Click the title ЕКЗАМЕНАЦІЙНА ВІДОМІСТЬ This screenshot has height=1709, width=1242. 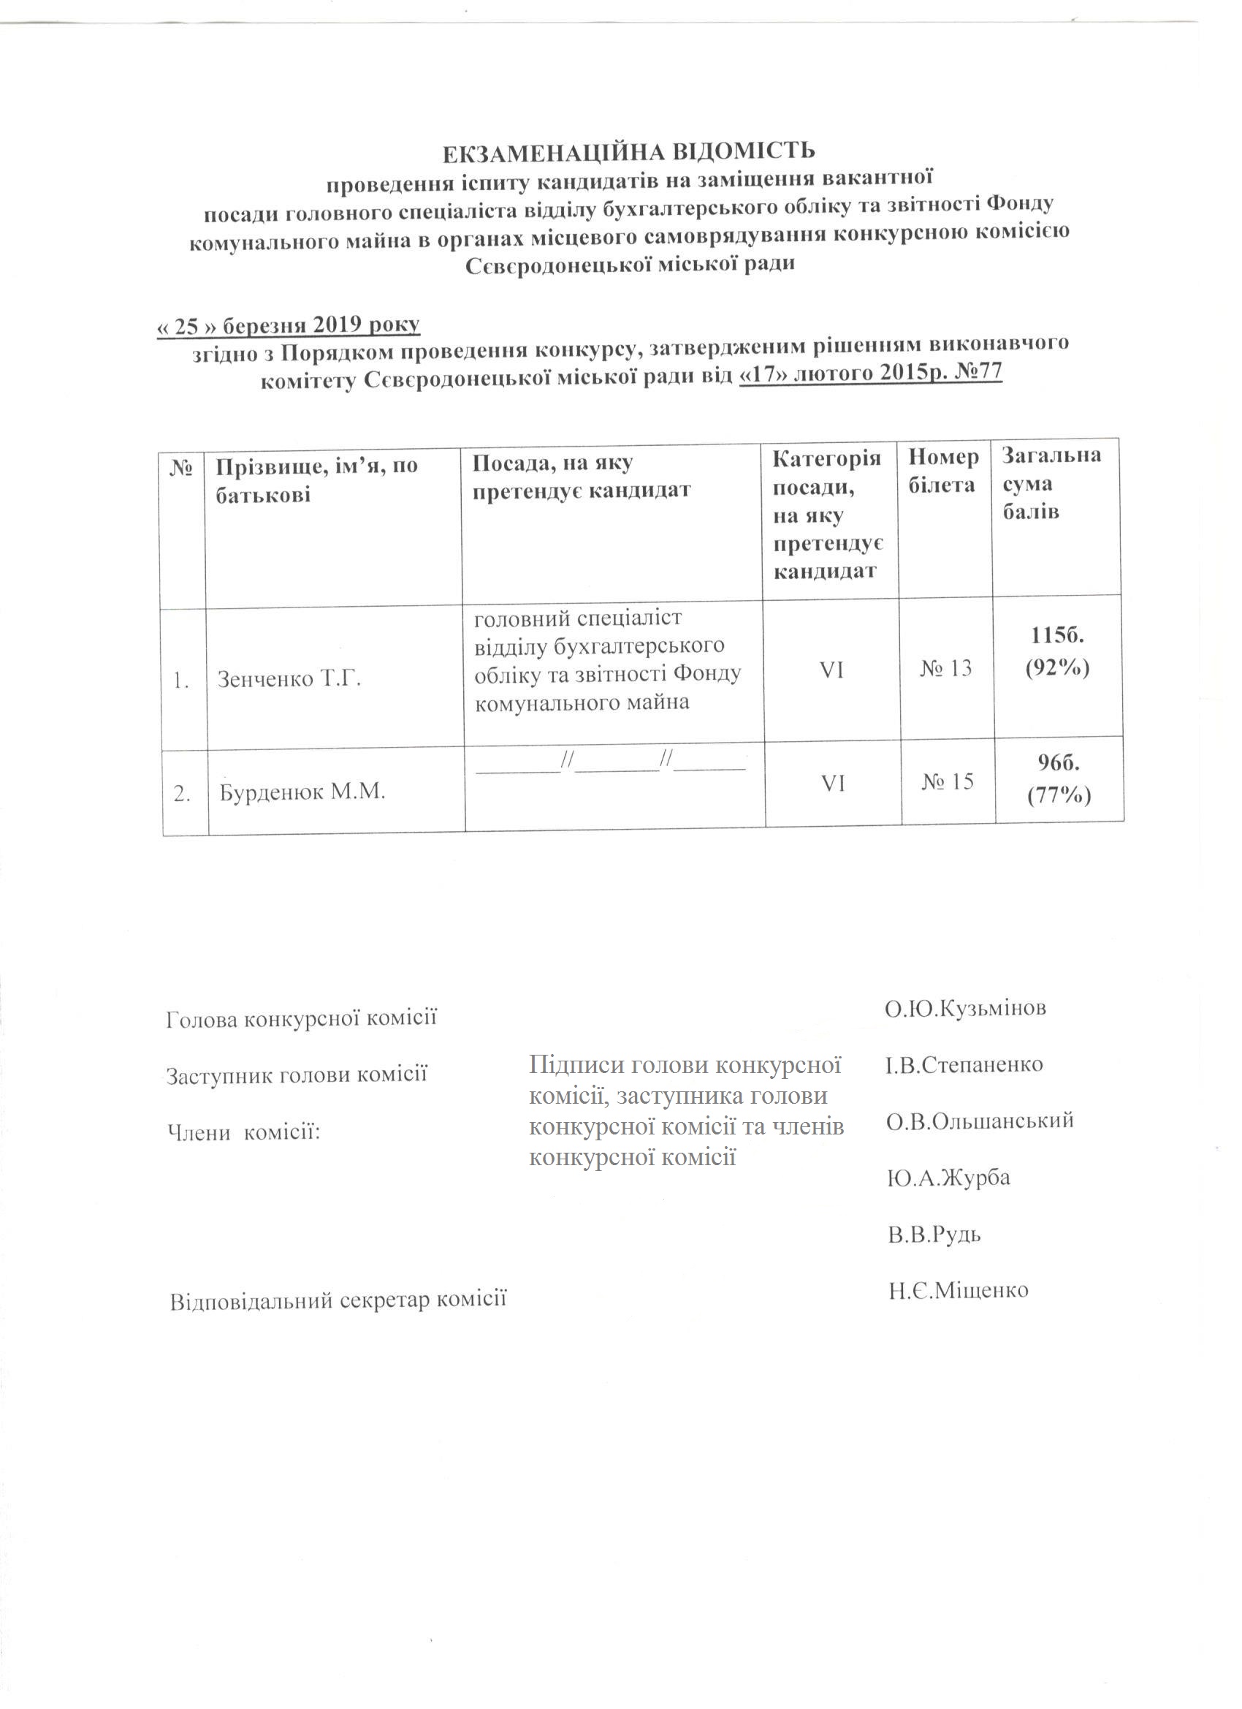(628, 151)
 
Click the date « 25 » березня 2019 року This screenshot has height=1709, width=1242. (289, 325)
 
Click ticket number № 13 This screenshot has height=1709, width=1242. (946, 667)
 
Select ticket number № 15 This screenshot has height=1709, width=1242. (948, 781)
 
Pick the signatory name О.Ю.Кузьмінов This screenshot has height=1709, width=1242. (966, 1008)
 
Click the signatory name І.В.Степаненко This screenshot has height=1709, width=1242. (964, 1065)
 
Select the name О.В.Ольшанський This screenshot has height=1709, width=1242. (979, 1121)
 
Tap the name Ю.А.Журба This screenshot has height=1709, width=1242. (949, 1178)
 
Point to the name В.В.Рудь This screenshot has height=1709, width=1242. (934, 1235)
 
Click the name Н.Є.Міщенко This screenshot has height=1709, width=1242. (958, 1290)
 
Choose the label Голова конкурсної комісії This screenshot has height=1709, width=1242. (301, 1019)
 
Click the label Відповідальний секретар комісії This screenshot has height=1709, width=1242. (338, 1300)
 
